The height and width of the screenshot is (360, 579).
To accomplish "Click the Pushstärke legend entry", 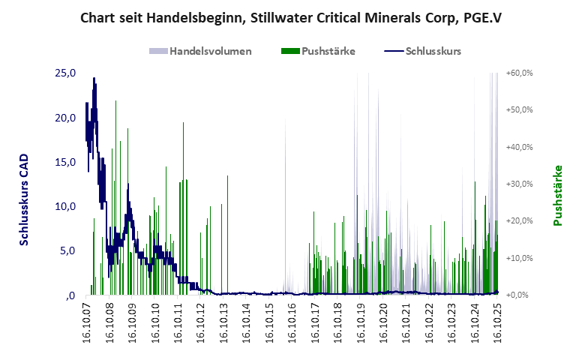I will pos(328,51).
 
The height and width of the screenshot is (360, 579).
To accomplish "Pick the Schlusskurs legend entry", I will pos(433,51).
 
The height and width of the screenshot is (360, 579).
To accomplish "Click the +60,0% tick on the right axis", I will pos(519,73).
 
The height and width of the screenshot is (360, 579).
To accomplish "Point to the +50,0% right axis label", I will pos(519,110).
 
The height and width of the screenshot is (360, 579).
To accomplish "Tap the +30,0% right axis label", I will pos(519,184).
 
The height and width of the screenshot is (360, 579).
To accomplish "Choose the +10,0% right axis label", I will pos(519,258).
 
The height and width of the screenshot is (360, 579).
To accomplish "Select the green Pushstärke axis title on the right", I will pos(558,195).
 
